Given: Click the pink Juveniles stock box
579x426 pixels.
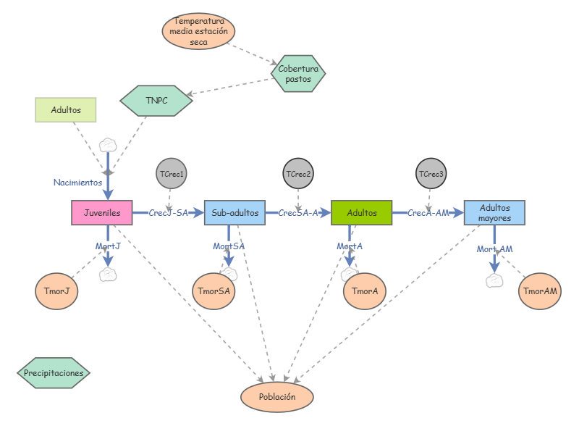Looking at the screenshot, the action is tap(102, 212).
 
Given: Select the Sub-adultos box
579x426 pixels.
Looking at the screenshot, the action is tap(234, 212).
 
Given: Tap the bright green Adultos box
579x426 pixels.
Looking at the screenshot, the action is tap(361, 212).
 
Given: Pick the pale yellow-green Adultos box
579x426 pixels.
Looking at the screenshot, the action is tap(66, 110).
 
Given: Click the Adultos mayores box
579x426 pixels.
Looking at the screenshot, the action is tap(494, 212).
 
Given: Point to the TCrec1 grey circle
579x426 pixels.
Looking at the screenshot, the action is tap(172, 173).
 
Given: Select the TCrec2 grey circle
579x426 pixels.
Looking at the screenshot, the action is tap(298, 173).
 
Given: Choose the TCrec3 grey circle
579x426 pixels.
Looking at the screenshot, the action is tap(431, 173).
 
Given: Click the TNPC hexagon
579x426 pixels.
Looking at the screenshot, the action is tap(156, 101).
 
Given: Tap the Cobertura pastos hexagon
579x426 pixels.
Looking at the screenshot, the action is tap(298, 74).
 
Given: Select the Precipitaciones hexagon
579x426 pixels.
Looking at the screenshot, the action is tap(54, 372).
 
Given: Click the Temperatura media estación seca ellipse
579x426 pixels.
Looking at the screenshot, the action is tap(198, 31).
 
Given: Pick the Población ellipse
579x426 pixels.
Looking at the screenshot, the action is tap(277, 397).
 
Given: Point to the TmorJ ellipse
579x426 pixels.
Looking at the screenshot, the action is tap(56, 291).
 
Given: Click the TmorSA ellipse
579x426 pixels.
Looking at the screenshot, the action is tap(214, 291).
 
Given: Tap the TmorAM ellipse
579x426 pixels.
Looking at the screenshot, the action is tap(540, 291).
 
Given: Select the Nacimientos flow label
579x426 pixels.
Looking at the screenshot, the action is tap(77, 183).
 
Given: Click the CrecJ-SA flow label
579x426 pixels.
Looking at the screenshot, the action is tap(169, 212).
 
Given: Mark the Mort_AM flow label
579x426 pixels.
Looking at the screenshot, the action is tap(494, 249).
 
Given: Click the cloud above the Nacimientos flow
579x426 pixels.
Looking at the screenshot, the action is tap(108, 145).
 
